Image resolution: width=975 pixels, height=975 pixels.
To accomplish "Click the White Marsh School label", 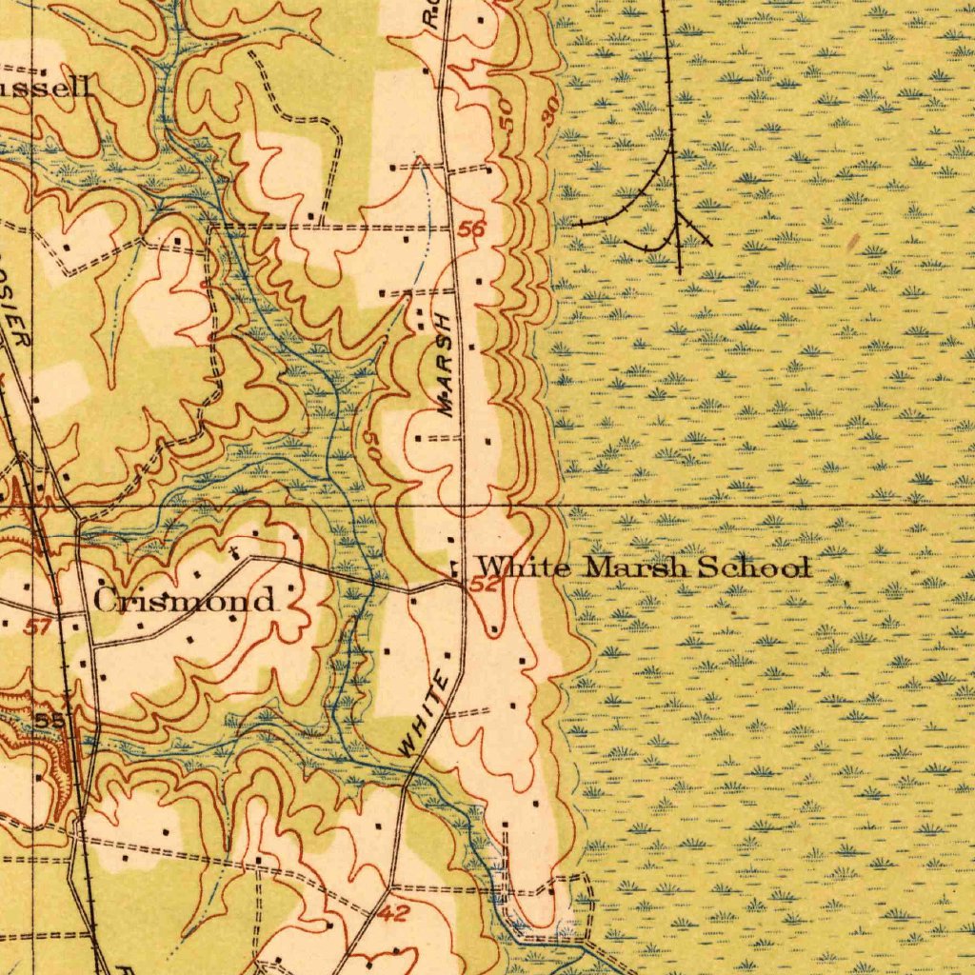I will pyautogui.click(x=644, y=568).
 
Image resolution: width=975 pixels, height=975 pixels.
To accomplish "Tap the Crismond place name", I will pyautogui.click(x=185, y=601).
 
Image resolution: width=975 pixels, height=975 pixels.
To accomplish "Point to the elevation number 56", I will pyautogui.click(x=470, y=229).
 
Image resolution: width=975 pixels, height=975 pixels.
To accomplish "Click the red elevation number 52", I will pyautogui.click(x=485, y=585).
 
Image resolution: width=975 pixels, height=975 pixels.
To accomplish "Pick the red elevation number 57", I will pyautogui.click(x=36, y=626).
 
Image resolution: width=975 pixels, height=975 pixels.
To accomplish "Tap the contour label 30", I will pyautogui.click(x=548, y=112).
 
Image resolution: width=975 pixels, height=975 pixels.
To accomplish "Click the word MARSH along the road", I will pyautogui.click(x=449, y=362).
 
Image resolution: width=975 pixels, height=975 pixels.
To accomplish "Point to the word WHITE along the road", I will pyautogui.click(x=425, y=714).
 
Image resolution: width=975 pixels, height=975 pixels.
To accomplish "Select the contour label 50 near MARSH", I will pyautogui.click(x=370, y=447).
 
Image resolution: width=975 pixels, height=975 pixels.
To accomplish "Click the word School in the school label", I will pyautogui.click(x=754, y=568).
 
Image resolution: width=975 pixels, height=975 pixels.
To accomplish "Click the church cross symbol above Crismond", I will pyautogui.click(x=231, y=552).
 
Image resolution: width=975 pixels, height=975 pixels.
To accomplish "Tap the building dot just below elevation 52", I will pyautogui.click(x=493, y=629).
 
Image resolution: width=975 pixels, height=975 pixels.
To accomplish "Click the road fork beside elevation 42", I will pyautogui.click(x=390, y=890).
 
